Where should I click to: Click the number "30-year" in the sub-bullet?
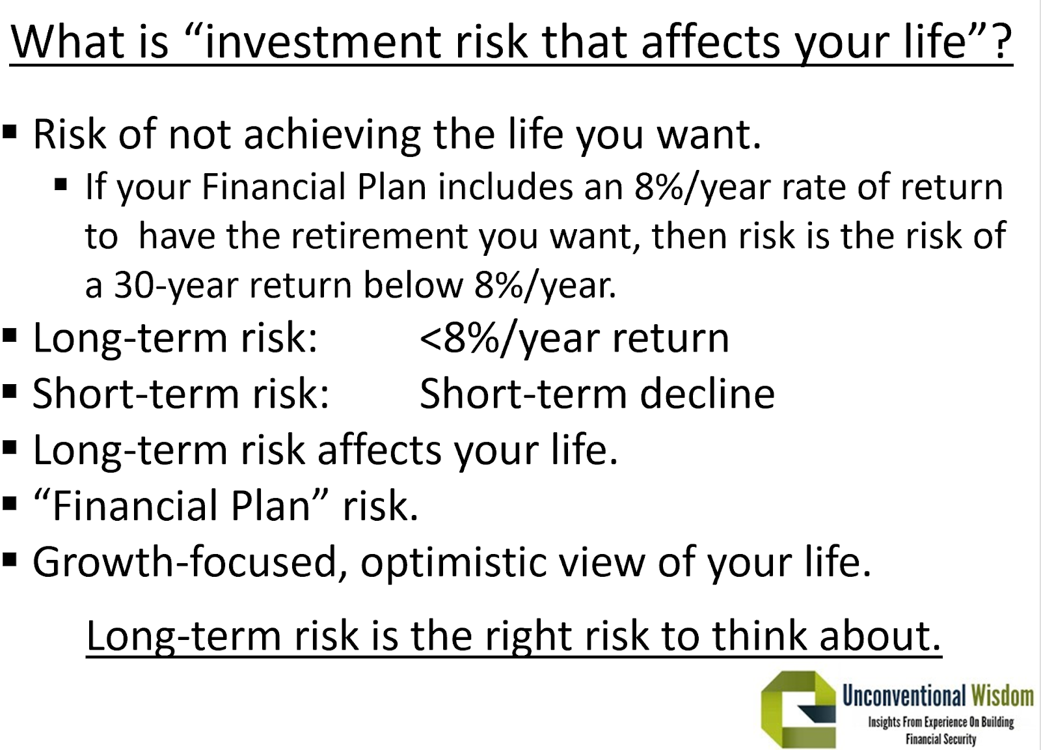(x=176, y=286)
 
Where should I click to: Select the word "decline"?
(x=707, y=395)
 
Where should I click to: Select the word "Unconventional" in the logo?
(x=904, y=696)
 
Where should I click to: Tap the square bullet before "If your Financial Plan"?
(x=61, y=185)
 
